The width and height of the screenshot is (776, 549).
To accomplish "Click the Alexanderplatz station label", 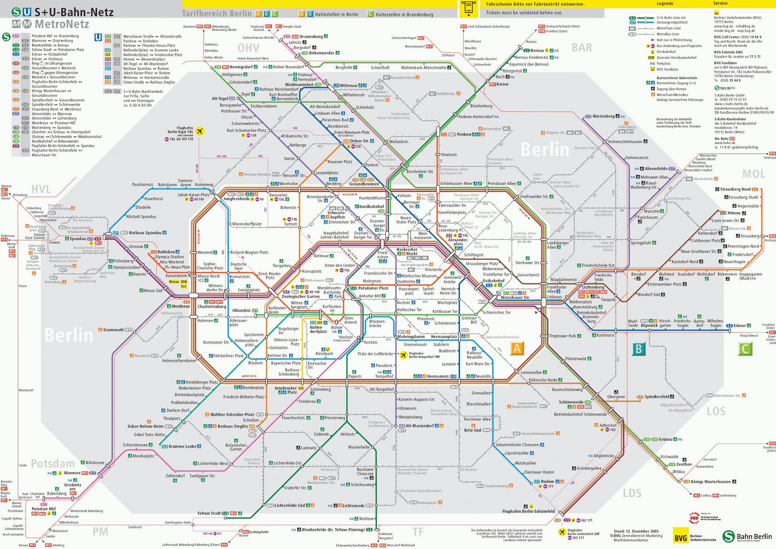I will (x=458, y=242).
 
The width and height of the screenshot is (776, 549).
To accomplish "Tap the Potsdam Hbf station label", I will (x=44, y=509).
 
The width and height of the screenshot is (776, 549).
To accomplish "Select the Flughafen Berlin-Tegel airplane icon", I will (x=199, y=131).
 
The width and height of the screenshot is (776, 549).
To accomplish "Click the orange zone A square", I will (x=517, y=348).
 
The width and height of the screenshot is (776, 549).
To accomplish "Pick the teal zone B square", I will (x=639, y=349).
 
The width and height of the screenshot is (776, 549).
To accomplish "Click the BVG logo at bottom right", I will (x=681, y=537).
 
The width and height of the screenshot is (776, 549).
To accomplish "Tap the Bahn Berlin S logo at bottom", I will (x=728, y=536).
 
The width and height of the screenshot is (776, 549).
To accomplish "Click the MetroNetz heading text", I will (x=62, y=24).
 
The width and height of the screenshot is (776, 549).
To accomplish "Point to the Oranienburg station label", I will (x=311, y=36).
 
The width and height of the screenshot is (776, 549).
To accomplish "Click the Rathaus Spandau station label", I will (x=145, y=233).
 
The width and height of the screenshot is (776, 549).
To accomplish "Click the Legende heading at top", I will (x=664, y=3).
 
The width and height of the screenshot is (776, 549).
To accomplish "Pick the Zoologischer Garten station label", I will (x=300, y=296).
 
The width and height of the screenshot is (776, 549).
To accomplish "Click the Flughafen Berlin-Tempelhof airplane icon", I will (x=403, y=355).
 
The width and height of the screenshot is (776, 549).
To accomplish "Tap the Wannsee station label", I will (x=72, y=473).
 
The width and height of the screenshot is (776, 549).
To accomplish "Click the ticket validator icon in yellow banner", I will (x=468, y=8).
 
